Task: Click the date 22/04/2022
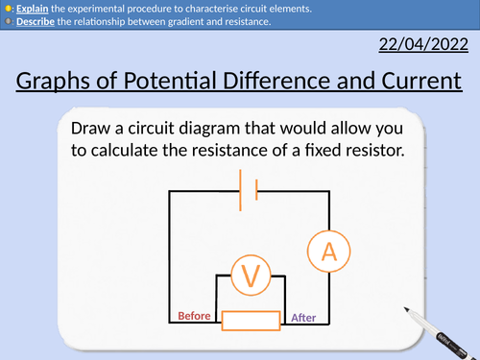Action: [421, 44]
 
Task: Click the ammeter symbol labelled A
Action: [329, 252]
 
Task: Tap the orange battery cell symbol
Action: [249, 189]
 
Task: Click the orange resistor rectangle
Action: [251, 321]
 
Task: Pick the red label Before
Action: [195, 316]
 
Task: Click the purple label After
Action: [301, 318]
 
